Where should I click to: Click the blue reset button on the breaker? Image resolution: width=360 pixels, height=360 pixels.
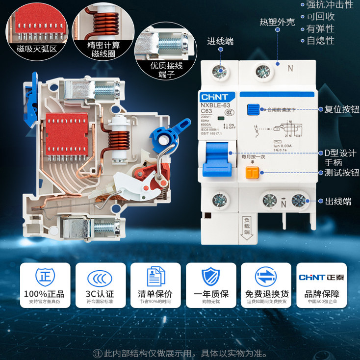click(253, 109)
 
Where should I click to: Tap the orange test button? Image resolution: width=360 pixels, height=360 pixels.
click(253, 172)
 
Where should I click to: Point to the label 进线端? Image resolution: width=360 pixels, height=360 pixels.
click(220, 42)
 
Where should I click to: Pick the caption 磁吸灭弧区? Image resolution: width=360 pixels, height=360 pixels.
click(37, 49)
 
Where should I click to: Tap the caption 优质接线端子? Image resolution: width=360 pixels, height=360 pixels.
click(166, 69)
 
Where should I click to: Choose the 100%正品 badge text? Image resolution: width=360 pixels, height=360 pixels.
click(44, 294)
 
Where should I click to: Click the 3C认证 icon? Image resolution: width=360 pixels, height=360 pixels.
click(100, 278)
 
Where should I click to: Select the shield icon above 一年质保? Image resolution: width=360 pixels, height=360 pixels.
click(211, 277)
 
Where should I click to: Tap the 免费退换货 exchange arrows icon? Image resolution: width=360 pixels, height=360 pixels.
click(267, 278)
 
